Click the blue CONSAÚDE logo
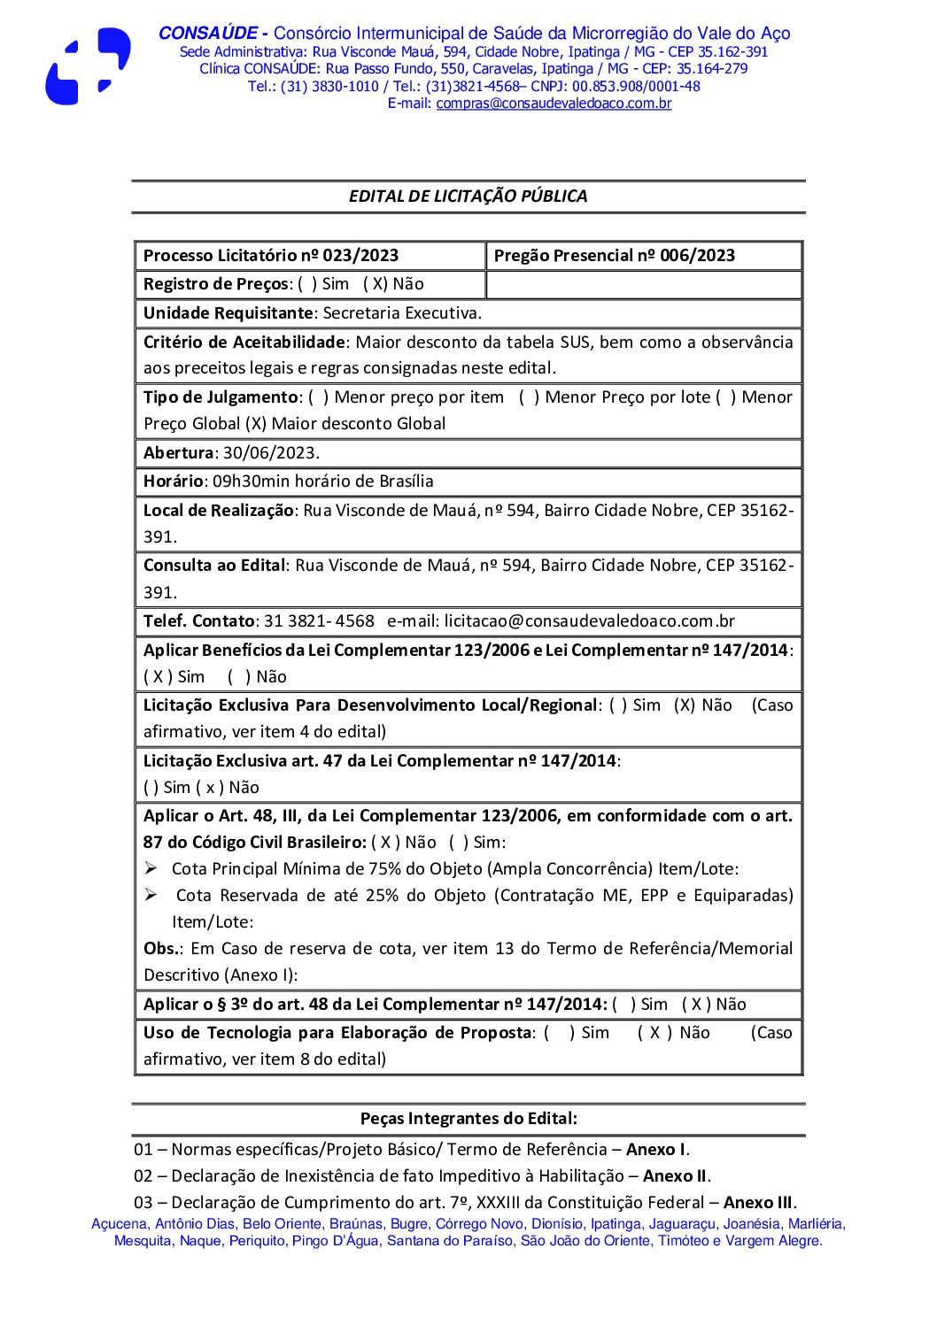(88, 67)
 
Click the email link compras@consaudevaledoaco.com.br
(554, 104)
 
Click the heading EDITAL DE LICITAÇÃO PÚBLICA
(468, 196)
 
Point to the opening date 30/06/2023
(269, 453)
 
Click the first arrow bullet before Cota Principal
(151, 868)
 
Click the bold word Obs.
(161, 949)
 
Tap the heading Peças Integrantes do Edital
(468, 1119)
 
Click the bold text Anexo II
(675, 1176)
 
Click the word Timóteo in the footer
(683, 1241)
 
